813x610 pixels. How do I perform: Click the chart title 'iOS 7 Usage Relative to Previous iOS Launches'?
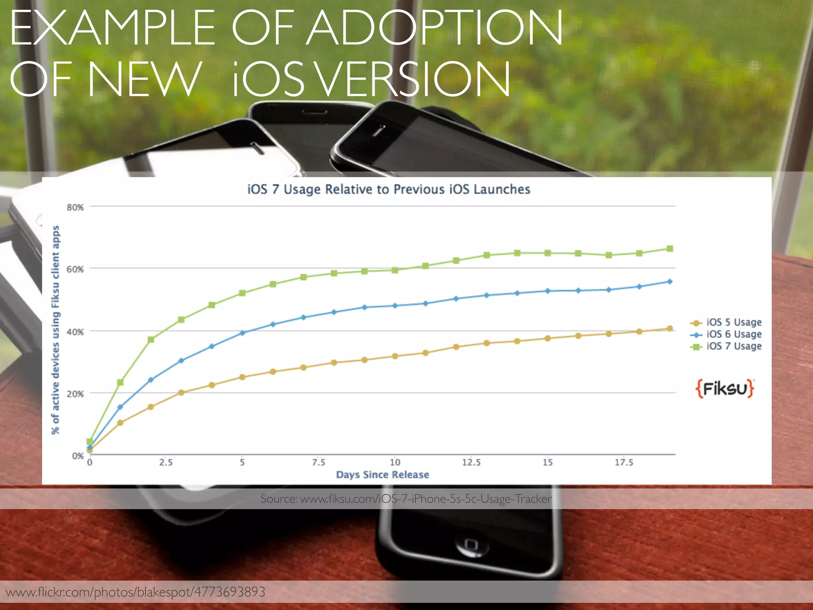pos(389,189)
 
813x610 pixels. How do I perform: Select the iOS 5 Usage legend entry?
pos(734,322)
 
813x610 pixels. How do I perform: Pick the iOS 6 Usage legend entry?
pos(734,334)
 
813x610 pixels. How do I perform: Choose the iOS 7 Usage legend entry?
pos(734,346)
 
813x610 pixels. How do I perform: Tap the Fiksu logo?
pos(725,388)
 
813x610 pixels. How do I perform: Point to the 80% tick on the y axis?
pos(75,207)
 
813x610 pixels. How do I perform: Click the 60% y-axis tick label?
pos(75,269)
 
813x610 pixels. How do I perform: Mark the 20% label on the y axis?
pos(75,394)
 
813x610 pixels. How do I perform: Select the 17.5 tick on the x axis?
pos(624,463)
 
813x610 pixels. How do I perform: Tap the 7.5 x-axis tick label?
pos(318,463)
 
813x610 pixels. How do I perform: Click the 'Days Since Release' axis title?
pos(382,475)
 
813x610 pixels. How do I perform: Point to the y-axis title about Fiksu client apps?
pos(56,330)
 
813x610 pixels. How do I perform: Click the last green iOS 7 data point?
pos(670,249)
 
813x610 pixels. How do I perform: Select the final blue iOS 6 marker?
pos(670,282)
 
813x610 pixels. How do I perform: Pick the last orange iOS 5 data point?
pos(670,328)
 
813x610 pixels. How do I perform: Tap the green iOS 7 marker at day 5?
pos(242,293)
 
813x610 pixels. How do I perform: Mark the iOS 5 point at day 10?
pos(395,356)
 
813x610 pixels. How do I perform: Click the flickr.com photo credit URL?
pos(135,592)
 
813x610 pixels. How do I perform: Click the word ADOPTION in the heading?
pos(435,28)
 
